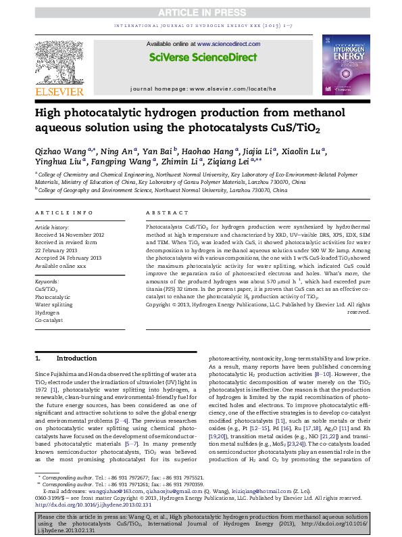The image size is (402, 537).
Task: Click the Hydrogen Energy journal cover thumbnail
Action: (345, 64)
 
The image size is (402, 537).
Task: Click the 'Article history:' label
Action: (51, 228)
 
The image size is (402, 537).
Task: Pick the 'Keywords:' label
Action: (47, 281)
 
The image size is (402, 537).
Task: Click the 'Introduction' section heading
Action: (76, 358)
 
